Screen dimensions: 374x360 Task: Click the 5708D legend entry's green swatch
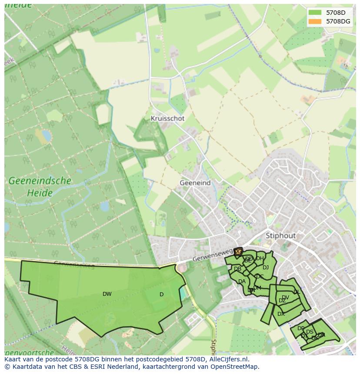[315, 13]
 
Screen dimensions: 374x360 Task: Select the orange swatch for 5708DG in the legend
[315, 21]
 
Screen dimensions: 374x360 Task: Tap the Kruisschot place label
[167, 118]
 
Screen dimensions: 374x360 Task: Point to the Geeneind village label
[195, 183]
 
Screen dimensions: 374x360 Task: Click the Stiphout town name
[280, 235]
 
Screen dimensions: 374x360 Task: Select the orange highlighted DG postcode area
[238, 252]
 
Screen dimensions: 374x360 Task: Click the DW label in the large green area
[107, 294]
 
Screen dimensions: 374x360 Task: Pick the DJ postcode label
[265, 268]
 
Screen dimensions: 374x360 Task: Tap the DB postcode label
[237, 269]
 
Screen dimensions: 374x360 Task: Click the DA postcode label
[242, 281]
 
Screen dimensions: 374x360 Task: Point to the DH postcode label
[260, 258]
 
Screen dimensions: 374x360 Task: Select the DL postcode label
[297, 292]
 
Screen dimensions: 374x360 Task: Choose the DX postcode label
[281, 314]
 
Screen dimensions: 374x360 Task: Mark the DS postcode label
[310, 332]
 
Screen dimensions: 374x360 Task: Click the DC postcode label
[260, 276]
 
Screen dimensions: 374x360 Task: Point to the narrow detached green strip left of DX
[266, 314]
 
